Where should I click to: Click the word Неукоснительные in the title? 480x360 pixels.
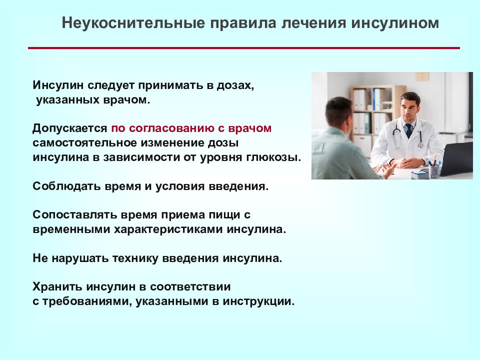[x=133, y=23]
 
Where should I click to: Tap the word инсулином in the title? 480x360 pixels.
[x=395, y=23]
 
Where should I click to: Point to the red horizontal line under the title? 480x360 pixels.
[x=244, y=48]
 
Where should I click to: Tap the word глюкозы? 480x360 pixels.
[x=273, y=157]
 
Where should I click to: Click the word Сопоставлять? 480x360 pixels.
[x=74, y=215]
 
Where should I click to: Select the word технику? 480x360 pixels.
[x=135, y=258]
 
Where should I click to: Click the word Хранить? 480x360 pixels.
[x=57, y=287]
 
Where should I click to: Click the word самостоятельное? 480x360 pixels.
[x=84, y=143]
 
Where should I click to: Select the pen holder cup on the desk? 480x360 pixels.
[x=434, y=171]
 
